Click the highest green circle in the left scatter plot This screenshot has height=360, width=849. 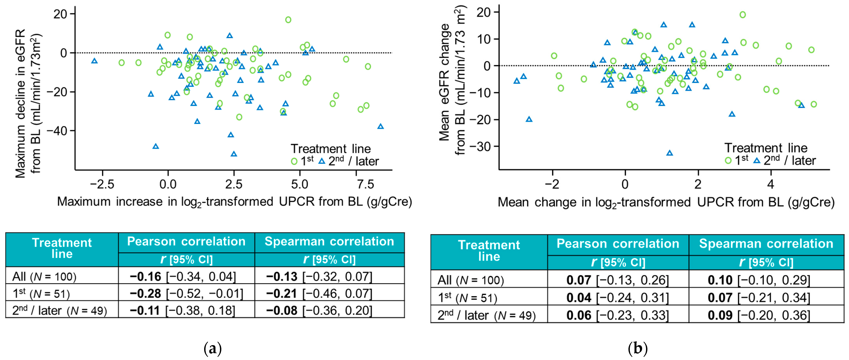coord(288,20)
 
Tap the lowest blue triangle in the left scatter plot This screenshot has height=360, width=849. coord(234,154)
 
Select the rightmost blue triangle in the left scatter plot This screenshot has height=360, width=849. coord(380,126)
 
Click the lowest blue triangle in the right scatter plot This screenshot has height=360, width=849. coord(669,153)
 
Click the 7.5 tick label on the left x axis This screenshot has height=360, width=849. coord(365,184)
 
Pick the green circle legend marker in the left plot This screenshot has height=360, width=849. coord(294,161)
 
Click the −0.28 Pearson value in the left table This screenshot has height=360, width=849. coord(145,293)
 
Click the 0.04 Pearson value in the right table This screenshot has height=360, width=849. coord(579,298)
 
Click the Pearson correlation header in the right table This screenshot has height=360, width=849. coord(618,244)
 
